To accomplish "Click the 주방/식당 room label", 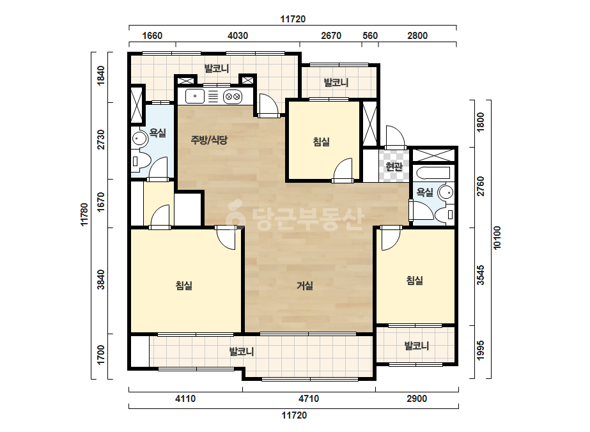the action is click(x=209, y=140).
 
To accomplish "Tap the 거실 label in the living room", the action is click(x=305, y=286).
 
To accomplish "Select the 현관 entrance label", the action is click(x=394, y=166).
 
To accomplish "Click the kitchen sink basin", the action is click(x=195, y=96).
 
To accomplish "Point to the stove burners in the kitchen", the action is click(x=232, y=96).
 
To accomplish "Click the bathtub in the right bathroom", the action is click(x=433, y=173).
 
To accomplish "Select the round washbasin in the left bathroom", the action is click(x=139, y=139).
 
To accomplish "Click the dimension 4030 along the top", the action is click(x=238, y=36).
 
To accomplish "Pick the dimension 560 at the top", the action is click(x=370, y=36).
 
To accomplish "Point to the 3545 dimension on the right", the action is click(x=481, y=275).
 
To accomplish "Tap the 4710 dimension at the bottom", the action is click(x=309, y=399).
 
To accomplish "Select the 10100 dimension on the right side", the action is click(x=497, y=238).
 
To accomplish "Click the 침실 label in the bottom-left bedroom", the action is click(x=184, y=285).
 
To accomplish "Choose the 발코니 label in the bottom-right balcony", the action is click(x=417, y=346).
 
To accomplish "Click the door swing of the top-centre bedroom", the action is click(x=343, y=170).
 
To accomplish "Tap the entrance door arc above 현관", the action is click(x=394, y=136).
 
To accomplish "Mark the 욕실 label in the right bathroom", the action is click(x=425, y=192).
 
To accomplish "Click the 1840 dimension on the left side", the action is click(x=101, y=75).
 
